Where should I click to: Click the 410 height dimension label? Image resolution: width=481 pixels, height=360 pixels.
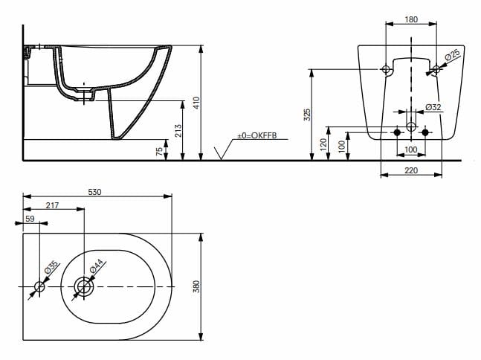point(196,103)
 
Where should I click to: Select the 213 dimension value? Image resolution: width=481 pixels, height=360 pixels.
point(176,131)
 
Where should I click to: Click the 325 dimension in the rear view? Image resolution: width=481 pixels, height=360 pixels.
point(307,114)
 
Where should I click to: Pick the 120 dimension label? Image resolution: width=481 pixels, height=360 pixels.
point(323,144)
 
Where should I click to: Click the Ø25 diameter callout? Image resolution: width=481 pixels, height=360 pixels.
point(452,57)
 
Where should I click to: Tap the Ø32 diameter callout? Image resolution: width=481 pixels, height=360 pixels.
point(433,108)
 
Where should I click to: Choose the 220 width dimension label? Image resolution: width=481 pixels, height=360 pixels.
point(410,171)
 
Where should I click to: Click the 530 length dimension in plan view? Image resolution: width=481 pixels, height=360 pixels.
point(95,192)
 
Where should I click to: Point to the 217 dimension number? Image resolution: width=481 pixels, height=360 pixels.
point(53,205)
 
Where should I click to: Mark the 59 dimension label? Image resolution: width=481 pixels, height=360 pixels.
point(30,219)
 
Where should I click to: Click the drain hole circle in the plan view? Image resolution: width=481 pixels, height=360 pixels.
point(83,286)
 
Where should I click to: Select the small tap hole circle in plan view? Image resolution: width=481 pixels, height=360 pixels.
point(40,286)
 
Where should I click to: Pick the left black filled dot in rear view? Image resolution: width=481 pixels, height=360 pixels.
point(396,132)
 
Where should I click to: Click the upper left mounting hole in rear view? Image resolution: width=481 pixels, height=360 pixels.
point(385,70)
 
